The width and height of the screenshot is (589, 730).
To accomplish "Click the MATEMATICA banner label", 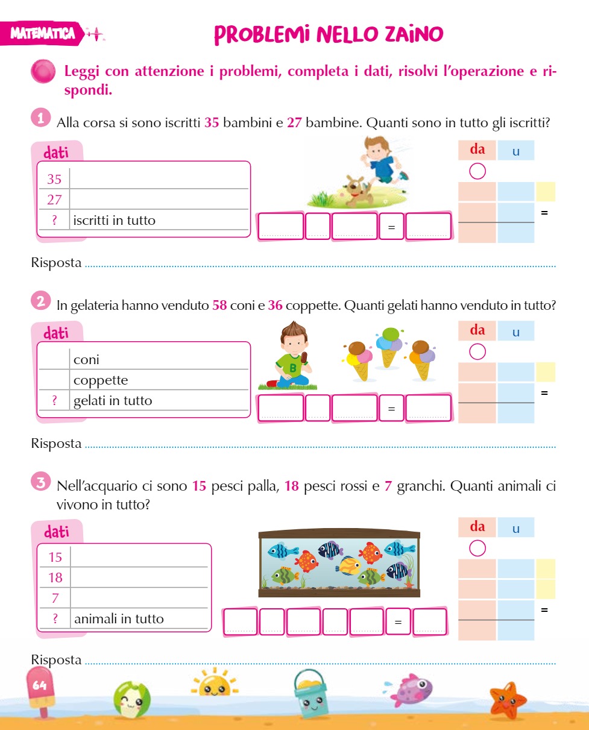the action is coord(42,33).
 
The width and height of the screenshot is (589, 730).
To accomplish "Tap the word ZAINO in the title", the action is coord(414,34).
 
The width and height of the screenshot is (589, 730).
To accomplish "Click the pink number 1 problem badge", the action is coord(41,118).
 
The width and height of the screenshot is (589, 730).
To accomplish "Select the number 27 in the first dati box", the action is coord(54,200).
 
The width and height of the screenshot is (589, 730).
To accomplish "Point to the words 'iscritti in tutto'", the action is coord(115,220).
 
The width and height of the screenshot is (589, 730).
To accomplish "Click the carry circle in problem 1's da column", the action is coord(477,171).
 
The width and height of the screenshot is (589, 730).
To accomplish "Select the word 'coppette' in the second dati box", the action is coord(101,380).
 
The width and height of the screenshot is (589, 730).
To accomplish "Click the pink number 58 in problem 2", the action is coord(219,305).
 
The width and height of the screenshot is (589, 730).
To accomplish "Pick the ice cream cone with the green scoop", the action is coord(389,347).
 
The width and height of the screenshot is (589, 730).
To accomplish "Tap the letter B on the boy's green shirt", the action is coord(293,368).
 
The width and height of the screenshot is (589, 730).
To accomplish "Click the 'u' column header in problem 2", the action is coord(515,332).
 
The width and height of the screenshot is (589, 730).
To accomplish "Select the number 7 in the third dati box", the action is coord(55,598).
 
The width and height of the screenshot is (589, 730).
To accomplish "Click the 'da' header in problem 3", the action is coord(477,527).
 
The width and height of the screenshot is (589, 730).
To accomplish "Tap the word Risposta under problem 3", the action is coord(56,660).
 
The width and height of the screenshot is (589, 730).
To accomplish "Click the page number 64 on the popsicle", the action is coord(39,685).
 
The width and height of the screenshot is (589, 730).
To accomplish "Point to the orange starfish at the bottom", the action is coord(508,700).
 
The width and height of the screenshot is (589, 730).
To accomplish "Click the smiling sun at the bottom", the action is coord(215,682).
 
